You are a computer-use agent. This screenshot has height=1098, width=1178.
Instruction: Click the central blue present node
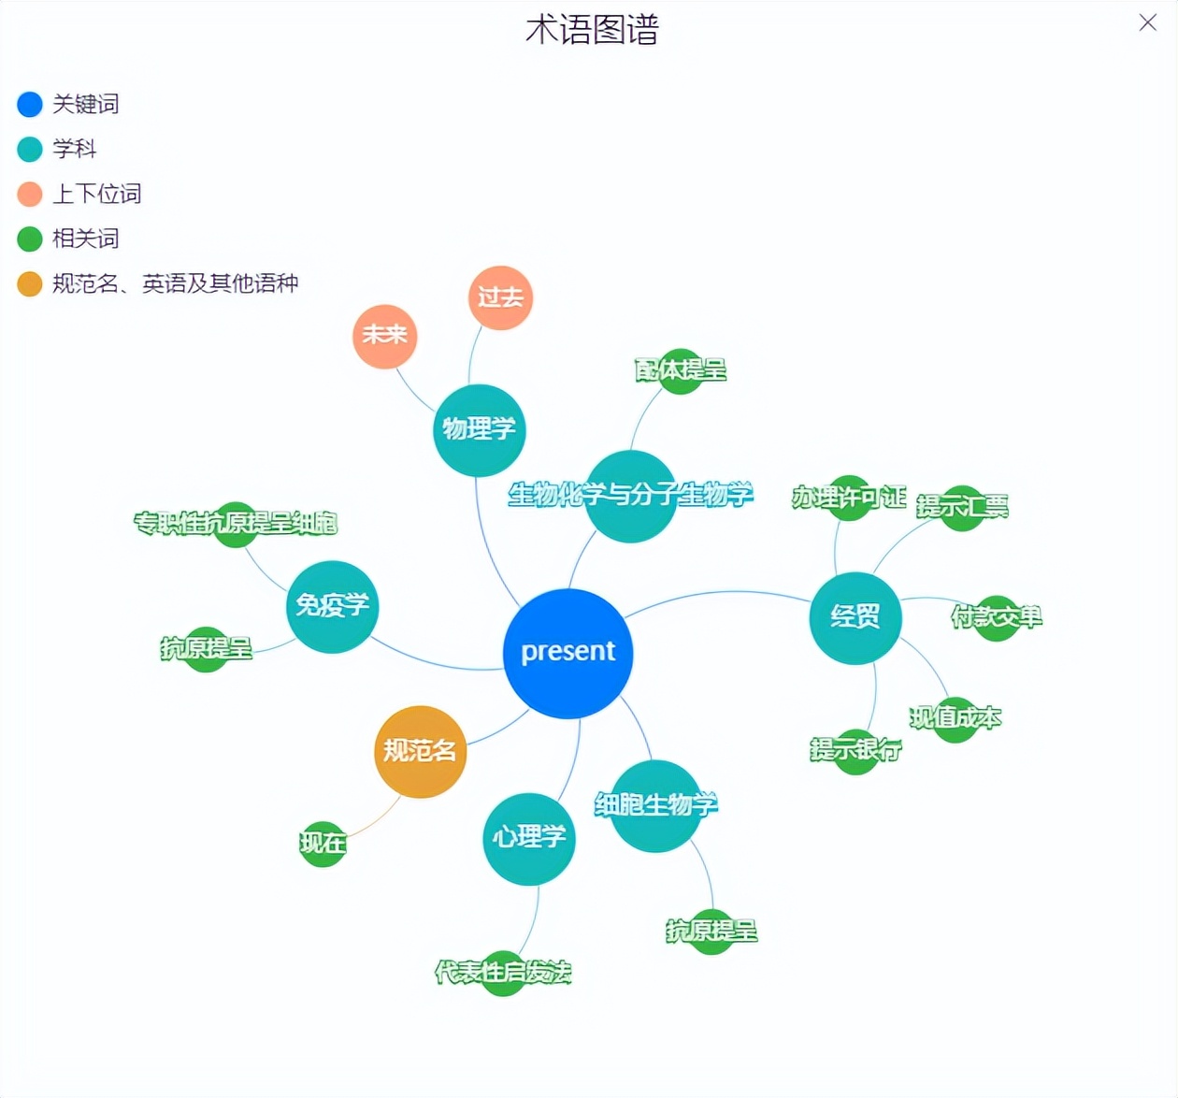(x=567, y=653)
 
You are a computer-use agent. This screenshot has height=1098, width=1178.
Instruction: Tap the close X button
(x=1147, y=23)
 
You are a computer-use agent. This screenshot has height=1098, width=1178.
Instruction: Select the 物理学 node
(x=479, y=429)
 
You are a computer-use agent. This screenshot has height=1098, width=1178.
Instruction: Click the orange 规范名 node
(x=420, y=751)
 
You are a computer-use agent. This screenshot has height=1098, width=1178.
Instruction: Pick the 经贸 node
(x=855, y=617)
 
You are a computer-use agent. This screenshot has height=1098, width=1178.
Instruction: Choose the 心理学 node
(x=528, y=838)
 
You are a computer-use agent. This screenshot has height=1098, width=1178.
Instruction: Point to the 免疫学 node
(x=332, y=606)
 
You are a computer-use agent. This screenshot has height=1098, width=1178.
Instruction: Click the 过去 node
(x=500, y=297)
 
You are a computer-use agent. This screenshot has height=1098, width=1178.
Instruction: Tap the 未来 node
(x=384, y=336)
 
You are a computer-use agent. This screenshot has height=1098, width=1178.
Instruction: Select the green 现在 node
(x=323, y=844)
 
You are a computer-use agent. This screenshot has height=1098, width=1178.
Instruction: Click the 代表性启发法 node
(x=503, y=973)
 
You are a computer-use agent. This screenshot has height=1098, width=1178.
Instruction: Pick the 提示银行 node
(x=855, y=750)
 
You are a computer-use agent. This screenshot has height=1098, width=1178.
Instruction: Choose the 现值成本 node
(x=955, y=718)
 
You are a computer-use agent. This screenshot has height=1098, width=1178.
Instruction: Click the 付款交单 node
(x=996, y=617)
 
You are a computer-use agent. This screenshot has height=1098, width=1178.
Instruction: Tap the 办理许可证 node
(x=849, y=498)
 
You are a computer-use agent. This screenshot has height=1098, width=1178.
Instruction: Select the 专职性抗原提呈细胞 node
(x=236, y=524)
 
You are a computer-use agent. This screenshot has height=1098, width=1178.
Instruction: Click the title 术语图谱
(x=592, y=30)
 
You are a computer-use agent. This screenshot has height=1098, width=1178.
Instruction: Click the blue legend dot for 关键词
(x=30, y=104)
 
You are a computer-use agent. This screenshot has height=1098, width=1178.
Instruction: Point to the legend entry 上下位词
(x=96, y=194)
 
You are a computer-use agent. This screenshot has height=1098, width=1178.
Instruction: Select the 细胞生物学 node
(x=655, y=805)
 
